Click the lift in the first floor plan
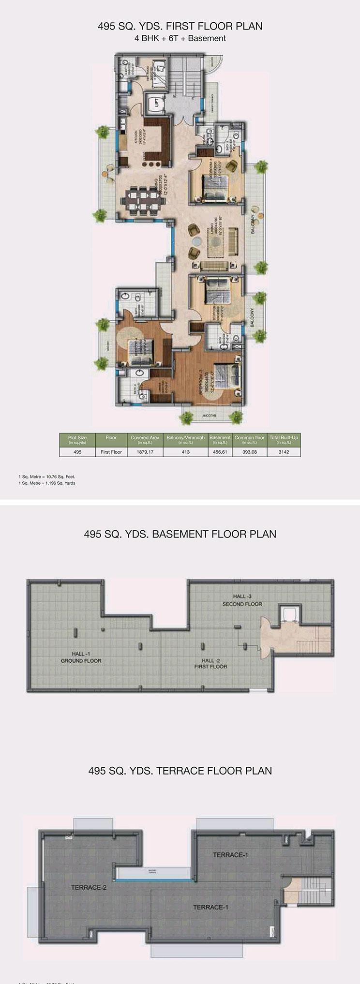click(156, 102)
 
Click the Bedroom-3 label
click(203, 385)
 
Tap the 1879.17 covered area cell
click(145, 452)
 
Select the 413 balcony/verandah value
click(185, 452)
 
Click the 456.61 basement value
click(220, 452)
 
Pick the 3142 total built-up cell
click(284, 452)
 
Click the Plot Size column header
click(77, 439)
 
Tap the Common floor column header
click(249, 439)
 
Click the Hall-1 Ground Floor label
click(81, 657)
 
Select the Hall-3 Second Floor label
click(242, 600)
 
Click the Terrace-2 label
click(89, 887)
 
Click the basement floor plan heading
click(180, 534)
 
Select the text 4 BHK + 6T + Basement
click(180, 38)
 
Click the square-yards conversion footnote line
click(47, 483)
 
